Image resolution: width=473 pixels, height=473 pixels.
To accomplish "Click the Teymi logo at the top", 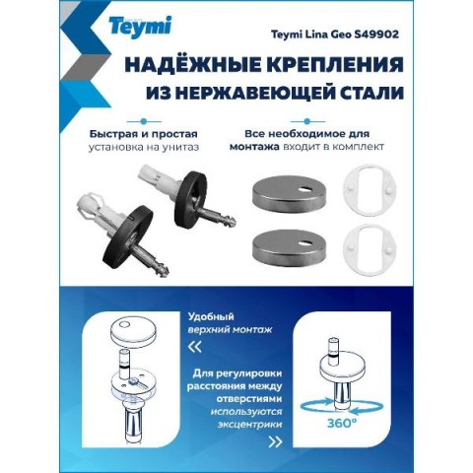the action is coord(140,26).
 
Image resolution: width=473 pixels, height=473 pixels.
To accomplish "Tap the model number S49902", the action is coord(376,34).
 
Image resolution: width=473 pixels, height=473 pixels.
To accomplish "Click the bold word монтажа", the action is coord(254,147).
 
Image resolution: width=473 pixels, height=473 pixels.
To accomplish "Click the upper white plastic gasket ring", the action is coord(370,190).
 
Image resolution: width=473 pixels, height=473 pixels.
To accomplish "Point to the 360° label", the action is coord(340,424).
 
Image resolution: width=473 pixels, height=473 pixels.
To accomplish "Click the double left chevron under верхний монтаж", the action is coord(194,347).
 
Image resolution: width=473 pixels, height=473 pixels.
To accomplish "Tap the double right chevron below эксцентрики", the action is coord(275,442).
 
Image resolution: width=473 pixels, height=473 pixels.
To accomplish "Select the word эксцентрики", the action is coord(249,425).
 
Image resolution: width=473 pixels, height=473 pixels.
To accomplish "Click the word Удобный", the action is coord(211,317).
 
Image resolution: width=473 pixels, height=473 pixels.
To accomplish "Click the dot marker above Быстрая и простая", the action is coord(143,121).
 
